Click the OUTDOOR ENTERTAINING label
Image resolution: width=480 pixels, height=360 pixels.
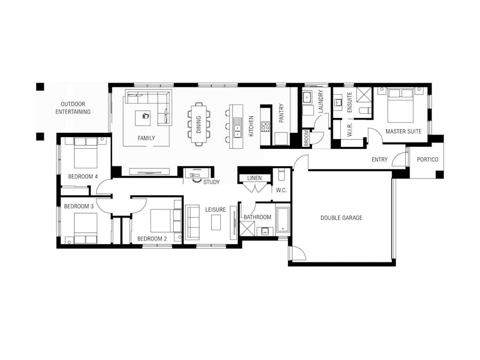pyautogui.click(x=75, y=108)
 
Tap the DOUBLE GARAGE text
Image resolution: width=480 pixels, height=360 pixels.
pyautogui.click(x=341, y=218)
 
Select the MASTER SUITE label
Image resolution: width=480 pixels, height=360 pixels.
pyautogui.click(x=403, y=131)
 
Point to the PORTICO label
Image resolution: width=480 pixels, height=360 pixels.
pyautogui.click(x=427, y=159)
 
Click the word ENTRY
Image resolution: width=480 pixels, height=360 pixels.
pyautogui.click(x=380, y=159)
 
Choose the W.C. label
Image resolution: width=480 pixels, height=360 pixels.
pyautogui.click(x=281, y=190)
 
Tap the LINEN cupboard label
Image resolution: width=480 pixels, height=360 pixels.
pyautogui.click(x=254, y=178)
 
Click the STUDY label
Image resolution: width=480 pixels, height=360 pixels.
pyautogui.click(x=211, y=182)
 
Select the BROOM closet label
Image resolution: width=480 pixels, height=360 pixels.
pyautogui.click(x=306, y=138)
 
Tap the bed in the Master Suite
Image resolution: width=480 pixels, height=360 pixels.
pyautogui.click(x=399, y=106)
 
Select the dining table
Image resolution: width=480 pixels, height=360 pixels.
pyautogui.click(x=199, y=124)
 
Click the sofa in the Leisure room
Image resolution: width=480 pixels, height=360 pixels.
pyautogui.click(x=192, y=222)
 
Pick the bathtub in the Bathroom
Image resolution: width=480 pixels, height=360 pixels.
pyautogui.click(x=282, y=220)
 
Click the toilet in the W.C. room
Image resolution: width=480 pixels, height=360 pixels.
pyautogui.click(x=282, y=175)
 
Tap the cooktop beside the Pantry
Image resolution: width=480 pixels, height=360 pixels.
pyautogui.click(x=266, y=126)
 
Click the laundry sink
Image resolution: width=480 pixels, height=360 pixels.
pyautogui.click(x=307, y=98)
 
